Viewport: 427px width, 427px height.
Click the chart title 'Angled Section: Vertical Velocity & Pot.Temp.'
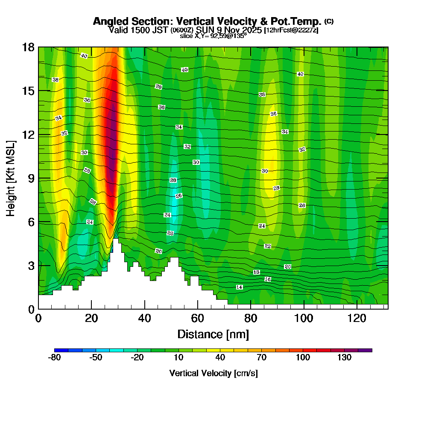(x=207, y=21)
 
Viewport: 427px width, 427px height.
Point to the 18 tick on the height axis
(x=28, y=47)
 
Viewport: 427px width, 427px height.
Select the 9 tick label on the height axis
(x=31, y=178)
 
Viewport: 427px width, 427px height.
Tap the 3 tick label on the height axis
(x=31, y=266)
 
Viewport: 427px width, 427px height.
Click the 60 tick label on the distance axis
(x=198, y=318)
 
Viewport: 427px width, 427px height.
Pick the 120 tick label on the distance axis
(x=357, y=318)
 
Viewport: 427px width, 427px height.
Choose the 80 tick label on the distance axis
(x=251, y=318)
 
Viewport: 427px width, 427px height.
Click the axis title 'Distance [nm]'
(x=213, y=334)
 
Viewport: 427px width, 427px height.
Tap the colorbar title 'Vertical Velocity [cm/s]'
(x=213, y=373)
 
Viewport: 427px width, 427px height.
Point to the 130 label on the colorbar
(x=345, y=358)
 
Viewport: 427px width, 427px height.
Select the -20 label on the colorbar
(x=137, y=358)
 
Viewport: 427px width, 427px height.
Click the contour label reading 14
(x=240, y=287)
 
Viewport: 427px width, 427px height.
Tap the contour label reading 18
(x=257, y=272)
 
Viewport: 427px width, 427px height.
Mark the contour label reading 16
(x=268, y=279)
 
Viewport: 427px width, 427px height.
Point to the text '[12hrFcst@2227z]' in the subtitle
(x=291, y=30)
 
